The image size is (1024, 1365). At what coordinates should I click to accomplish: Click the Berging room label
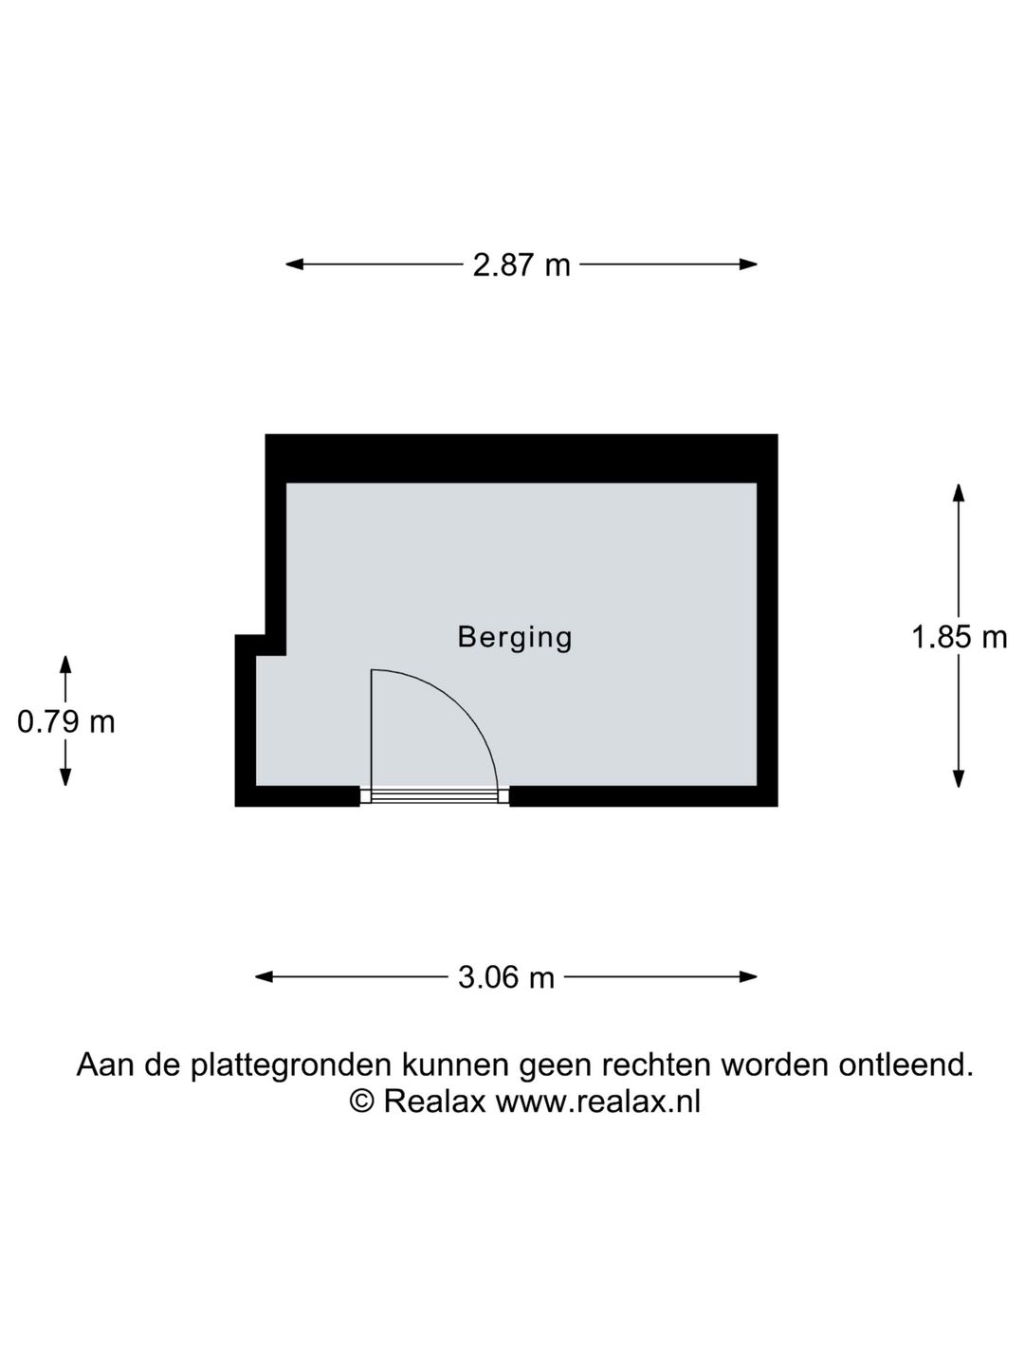point(514,637)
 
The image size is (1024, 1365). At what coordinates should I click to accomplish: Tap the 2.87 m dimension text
point(521,265)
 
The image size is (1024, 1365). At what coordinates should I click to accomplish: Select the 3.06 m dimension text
point(505,977)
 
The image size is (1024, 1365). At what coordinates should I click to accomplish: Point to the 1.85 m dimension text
point(959,637)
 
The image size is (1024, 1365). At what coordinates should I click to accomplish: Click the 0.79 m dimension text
point(66,722)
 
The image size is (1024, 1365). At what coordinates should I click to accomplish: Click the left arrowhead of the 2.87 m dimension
point(294,264)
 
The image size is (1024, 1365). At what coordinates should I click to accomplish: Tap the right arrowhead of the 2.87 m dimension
point(748,264)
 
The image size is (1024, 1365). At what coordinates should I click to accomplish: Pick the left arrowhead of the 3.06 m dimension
point(265,977)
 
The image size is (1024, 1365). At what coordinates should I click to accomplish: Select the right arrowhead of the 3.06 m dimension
point(748,977)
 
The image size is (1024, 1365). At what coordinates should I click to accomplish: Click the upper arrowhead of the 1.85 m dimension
point(959,493)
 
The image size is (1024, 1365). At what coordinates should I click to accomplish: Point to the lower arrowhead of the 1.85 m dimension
point(959,779)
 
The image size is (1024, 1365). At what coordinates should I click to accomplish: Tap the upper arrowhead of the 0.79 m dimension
point(65,664)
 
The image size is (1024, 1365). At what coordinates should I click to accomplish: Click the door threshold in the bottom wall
point(434,796)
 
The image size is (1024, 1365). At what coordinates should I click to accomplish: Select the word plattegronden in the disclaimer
point(292,1065)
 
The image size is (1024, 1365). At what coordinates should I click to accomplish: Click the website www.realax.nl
point(597,1101)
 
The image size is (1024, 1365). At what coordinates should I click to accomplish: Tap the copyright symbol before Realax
point(362,1101)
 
